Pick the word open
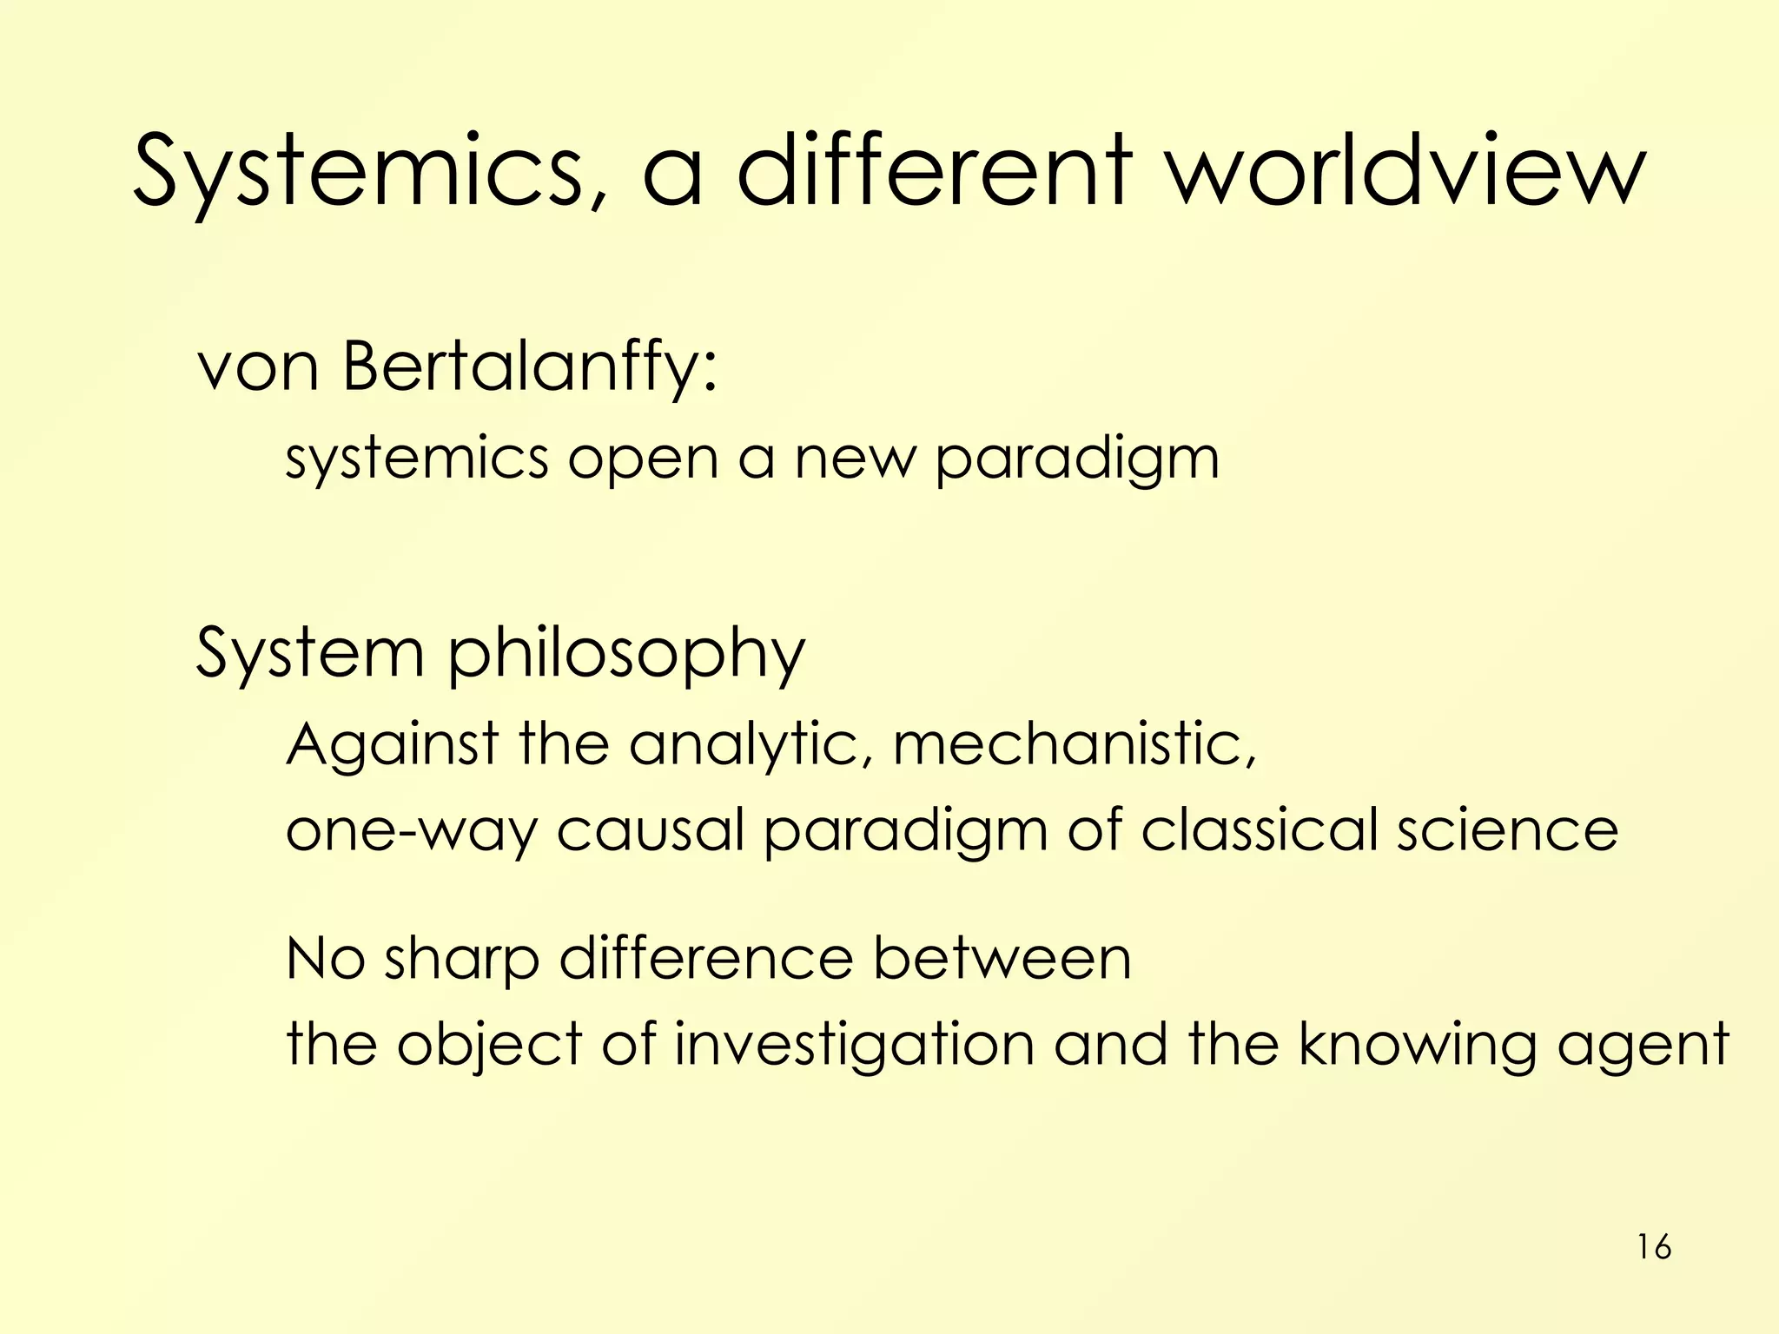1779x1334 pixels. click(x=643, y=460)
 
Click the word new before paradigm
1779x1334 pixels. click(x=855, y=460)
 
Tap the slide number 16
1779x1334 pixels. click(x=1654, y=1247)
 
